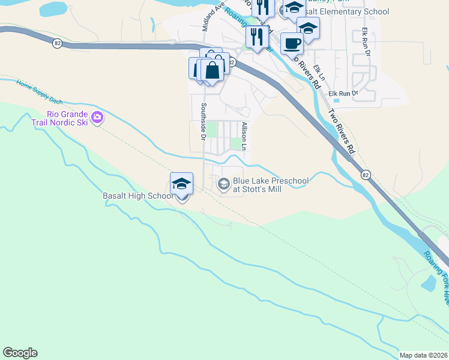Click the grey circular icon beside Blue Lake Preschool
click(224, 184)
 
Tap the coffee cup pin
click(292, 44)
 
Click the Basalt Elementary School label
click(346, 12)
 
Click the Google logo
click(20, 353)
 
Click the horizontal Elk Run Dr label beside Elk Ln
click(343, 93)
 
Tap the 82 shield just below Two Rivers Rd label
click(365, 175)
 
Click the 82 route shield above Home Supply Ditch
click(57, 43)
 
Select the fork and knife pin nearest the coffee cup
click(257, 37)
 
